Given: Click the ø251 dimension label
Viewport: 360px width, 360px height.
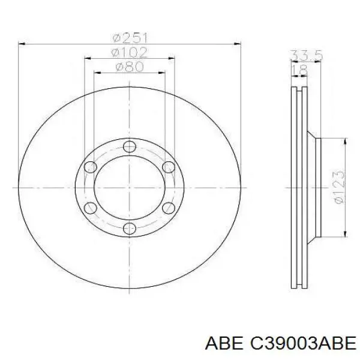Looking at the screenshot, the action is coord(130,38).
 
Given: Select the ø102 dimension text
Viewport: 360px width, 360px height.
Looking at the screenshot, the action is coord(129,53).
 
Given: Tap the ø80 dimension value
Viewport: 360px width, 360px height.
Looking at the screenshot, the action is coord(130,67).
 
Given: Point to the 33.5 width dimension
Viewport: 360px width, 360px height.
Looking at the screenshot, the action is coord(307,55).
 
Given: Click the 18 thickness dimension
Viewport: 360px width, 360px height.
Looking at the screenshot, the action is coord(299,70).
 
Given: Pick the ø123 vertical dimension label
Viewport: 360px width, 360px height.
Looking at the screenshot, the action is coord(340,187).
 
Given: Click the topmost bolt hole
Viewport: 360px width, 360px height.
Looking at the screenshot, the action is coord(130,146).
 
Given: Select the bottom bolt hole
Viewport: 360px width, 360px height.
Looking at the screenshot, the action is coord(130,229).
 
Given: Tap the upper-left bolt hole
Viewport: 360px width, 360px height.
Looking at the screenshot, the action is coord(91,167).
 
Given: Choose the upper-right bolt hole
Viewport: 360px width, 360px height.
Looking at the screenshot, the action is coord(169,167).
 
